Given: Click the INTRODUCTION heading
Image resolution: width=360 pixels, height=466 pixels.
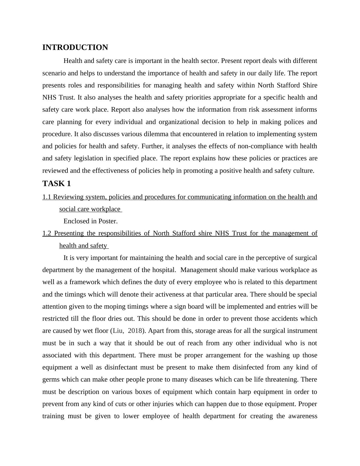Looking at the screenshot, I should (x=75, y=48).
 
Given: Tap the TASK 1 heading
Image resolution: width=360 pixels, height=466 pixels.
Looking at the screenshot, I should (x=57, y=184).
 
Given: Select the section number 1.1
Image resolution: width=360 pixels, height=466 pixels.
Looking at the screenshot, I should (x=47, y=197).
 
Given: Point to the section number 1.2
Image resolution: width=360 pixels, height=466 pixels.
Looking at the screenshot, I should (x=47, y=233).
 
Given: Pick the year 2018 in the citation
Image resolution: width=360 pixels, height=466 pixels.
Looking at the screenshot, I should (x=135, y=331).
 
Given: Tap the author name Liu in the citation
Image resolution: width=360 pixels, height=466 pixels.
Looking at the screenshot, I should (x=118, y=331).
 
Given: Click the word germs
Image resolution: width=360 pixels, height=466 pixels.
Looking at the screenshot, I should (x=51, y=379).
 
